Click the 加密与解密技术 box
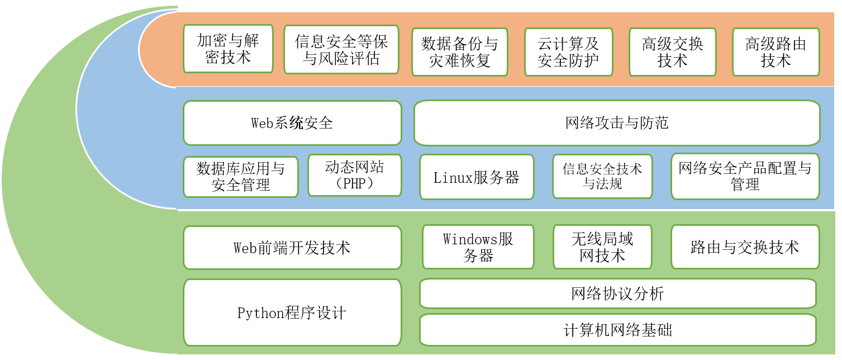228,49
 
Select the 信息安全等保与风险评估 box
341,50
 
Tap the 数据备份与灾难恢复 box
460,52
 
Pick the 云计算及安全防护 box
569,52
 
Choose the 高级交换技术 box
673,52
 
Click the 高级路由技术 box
776,52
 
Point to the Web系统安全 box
292,123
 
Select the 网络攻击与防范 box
617,123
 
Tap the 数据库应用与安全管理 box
241,177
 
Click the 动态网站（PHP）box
355,176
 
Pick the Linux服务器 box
477,177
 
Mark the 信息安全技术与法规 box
602,177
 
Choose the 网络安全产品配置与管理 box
745,177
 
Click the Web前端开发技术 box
292,248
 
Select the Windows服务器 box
478,247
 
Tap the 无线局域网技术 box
602,247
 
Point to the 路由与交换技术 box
745,247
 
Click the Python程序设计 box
292,312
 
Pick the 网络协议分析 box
617,293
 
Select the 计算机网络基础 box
617,330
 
